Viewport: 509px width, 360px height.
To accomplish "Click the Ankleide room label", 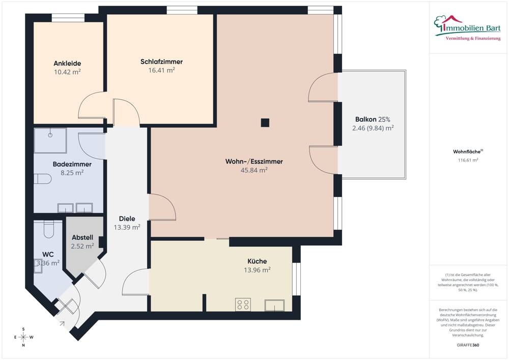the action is click(x=67, y=63).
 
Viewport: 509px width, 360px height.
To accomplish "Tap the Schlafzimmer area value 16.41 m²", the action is click(x=162, y=70).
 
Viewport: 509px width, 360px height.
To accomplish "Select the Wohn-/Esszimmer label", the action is click(x=254, y=161).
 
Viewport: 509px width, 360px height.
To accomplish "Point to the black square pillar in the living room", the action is click(x=265, y=122).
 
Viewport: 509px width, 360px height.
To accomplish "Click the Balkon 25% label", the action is click(x=373, y=119).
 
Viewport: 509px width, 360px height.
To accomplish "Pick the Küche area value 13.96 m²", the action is click(x=257, y=270).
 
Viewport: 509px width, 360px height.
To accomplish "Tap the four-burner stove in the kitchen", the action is click(x=243, y=304).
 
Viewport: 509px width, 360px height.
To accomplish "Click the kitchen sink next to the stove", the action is click(x=275, y=305).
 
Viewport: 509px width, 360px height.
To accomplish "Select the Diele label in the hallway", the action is click(x=127, y=218).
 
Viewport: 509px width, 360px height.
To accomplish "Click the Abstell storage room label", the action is click(x=82, y=237).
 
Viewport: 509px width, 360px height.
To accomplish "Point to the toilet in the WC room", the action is click(x=48, y=230).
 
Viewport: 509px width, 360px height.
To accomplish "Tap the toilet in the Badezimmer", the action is click(x=43, y=179).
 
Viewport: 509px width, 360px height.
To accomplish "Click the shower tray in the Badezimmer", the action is click(x=50, y=141).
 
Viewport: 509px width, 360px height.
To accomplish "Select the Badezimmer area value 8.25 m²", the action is click(x=72, y=173).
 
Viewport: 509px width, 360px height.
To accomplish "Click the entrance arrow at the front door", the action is click(x=62, y=323).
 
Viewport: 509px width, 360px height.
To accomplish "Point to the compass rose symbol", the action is click(x=23, y=337).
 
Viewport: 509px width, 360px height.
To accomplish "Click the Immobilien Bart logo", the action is click(x=467, y=28).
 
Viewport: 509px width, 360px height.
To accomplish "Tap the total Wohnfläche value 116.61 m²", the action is click(x=468, y=160).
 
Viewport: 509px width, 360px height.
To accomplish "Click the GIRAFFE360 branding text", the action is click(x=468, y=345).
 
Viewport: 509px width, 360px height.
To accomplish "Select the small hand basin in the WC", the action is click(x=38, y=266).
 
